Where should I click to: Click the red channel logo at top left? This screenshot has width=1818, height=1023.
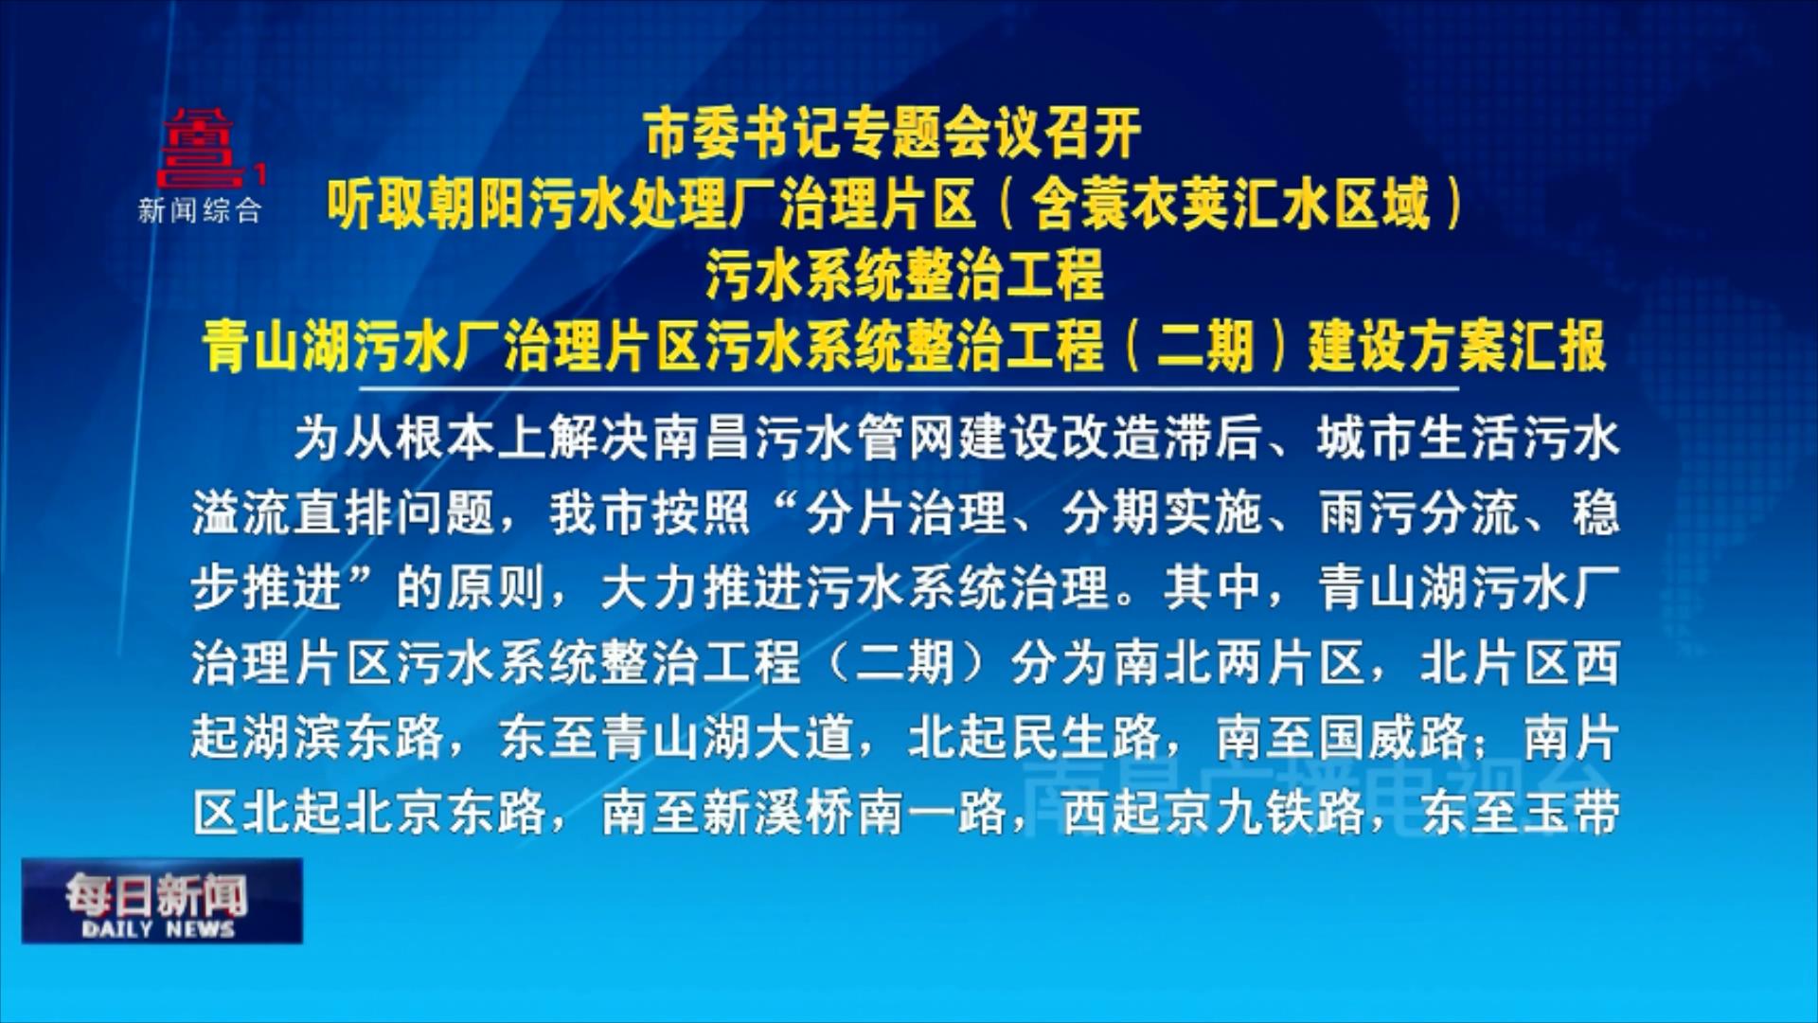click(205, 149)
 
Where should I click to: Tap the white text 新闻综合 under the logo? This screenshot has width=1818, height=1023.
click(200, 210)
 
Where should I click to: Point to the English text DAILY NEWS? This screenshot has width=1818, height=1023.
click(157, 929)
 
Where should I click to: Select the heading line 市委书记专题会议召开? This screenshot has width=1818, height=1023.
click(893, 135)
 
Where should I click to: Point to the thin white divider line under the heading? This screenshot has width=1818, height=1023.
click(909, 388)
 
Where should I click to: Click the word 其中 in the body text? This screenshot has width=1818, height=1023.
click(1214, 587)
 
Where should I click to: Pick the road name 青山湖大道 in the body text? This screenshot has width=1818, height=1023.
click(727, 737)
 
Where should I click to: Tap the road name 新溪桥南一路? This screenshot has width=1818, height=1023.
click(853, 812)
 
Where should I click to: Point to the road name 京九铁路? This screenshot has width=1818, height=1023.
click(1263, 812)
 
